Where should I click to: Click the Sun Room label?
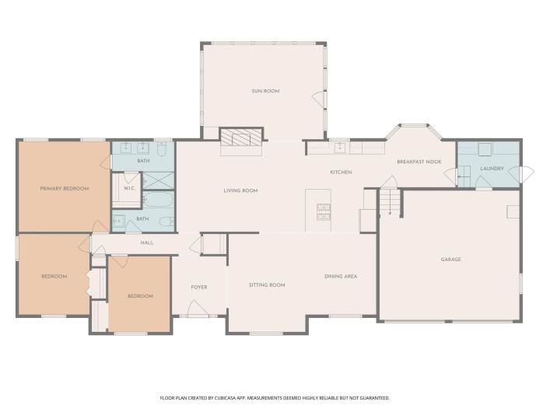264,91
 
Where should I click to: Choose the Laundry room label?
492,168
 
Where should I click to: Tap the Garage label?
450,259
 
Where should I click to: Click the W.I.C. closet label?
130,187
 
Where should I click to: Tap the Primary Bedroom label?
65,188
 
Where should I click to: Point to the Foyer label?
199,287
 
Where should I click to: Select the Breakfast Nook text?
419,162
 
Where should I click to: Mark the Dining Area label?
340,276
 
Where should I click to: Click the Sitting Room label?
267,285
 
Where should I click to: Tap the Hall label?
146,243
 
